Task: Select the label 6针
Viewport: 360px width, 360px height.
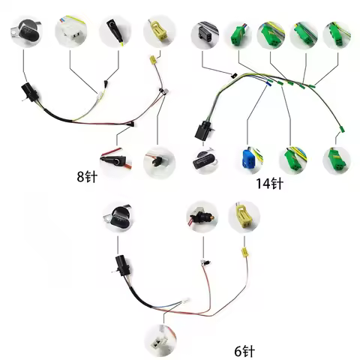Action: (245, 349)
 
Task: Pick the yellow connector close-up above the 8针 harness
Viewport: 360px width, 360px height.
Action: (158, 31)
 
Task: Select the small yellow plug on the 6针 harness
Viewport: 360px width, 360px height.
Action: (242, 252)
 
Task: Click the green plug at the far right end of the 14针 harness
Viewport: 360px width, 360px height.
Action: (340, 133)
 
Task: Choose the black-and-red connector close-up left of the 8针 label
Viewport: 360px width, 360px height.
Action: (112, 158)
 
